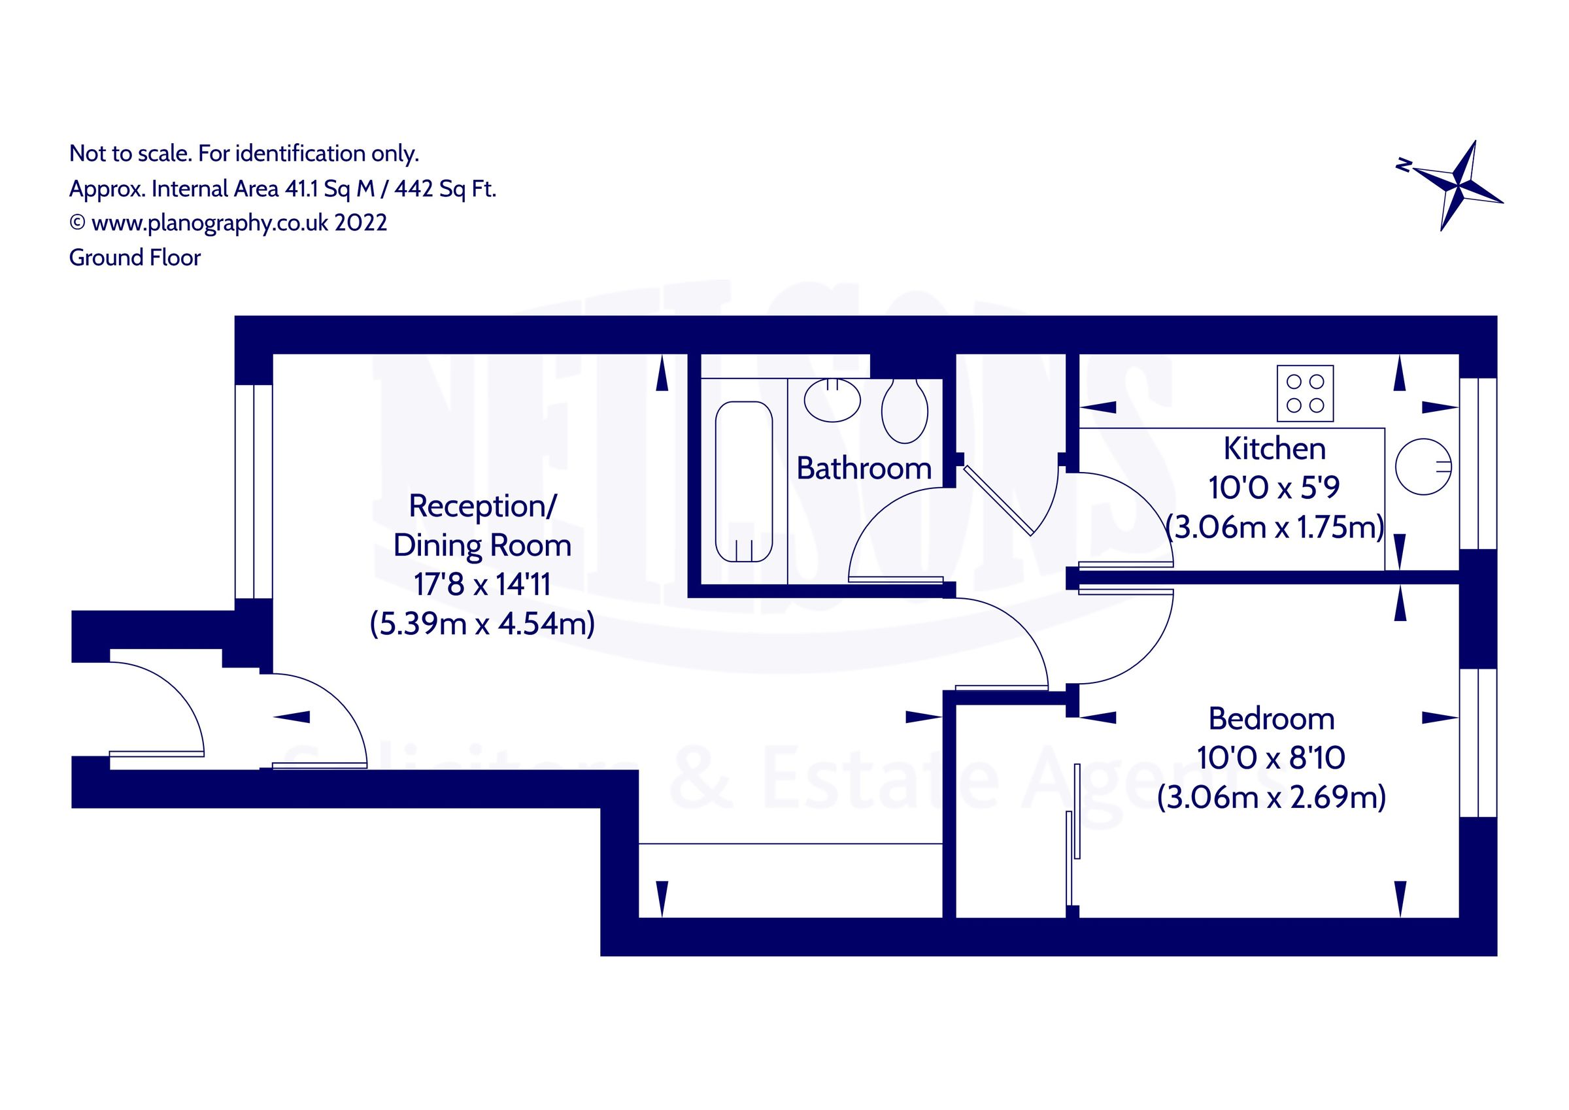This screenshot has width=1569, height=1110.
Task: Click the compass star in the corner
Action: click(1459, 186)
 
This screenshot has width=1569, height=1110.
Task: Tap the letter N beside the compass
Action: click(1403, 165)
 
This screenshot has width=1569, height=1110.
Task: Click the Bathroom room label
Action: click(864, 469)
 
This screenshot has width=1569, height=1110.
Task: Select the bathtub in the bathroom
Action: click(743, 481)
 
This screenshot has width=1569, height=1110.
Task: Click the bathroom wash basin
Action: click(832, 401)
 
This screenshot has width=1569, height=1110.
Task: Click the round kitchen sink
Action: click(1423, 467)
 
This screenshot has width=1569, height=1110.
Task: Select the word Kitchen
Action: click(1274, 449)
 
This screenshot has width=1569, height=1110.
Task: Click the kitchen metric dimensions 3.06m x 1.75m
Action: click(1274, 528)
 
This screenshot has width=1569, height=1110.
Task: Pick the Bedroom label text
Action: click(1271, 719)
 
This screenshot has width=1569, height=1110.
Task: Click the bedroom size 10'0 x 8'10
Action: click(1271, 758)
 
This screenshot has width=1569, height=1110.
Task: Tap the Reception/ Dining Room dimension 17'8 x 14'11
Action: click(482, 584)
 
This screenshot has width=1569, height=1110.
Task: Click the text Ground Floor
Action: click(135, 258)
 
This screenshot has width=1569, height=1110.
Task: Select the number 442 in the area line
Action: click(413, 189)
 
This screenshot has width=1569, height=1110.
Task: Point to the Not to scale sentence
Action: click(243, 153)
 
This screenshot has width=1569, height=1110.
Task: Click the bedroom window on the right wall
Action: click(1478, 743)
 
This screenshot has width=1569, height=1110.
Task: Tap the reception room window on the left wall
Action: click(254, 492)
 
